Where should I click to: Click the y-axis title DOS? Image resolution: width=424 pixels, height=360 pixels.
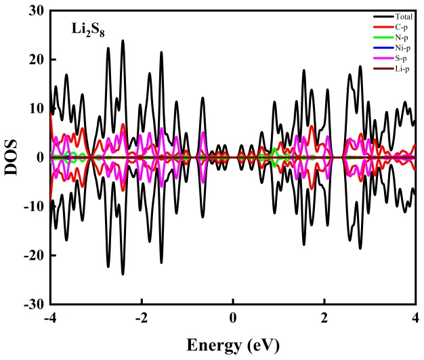point(13,158)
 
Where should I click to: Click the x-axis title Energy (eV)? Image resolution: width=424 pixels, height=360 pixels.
point(233,346)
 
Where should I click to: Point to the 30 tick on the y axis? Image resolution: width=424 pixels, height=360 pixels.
point(35,11)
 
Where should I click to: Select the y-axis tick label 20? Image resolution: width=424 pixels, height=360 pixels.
point(35,60)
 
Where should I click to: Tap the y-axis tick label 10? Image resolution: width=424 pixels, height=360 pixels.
point(35,108)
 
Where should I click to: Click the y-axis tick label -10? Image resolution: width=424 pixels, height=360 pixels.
point(33,206)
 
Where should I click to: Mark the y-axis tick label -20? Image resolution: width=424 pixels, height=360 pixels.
point(33,255)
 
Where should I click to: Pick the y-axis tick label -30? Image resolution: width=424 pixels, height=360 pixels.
point(33,304)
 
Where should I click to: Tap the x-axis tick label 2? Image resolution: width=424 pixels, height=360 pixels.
point(324,319)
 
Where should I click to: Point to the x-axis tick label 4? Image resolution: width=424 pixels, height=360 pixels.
point(415,319)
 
